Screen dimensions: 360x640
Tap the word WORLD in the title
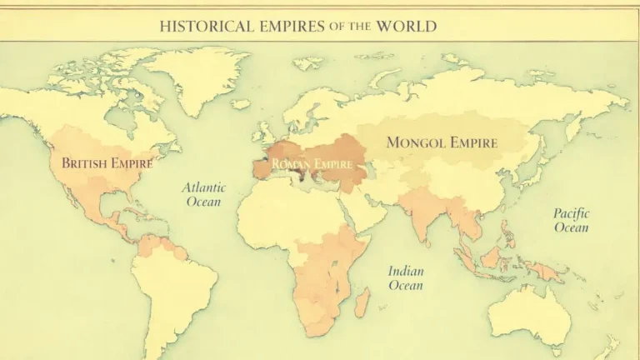tap(406, 26)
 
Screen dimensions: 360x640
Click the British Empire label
tap(107, 163)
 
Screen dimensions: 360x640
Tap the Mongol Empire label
tap(442, 142)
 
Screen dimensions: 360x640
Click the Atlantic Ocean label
tap(203, 196)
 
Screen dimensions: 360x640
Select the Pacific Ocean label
tap(571, 220)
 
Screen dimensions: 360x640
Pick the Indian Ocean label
tap(406, 278)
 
